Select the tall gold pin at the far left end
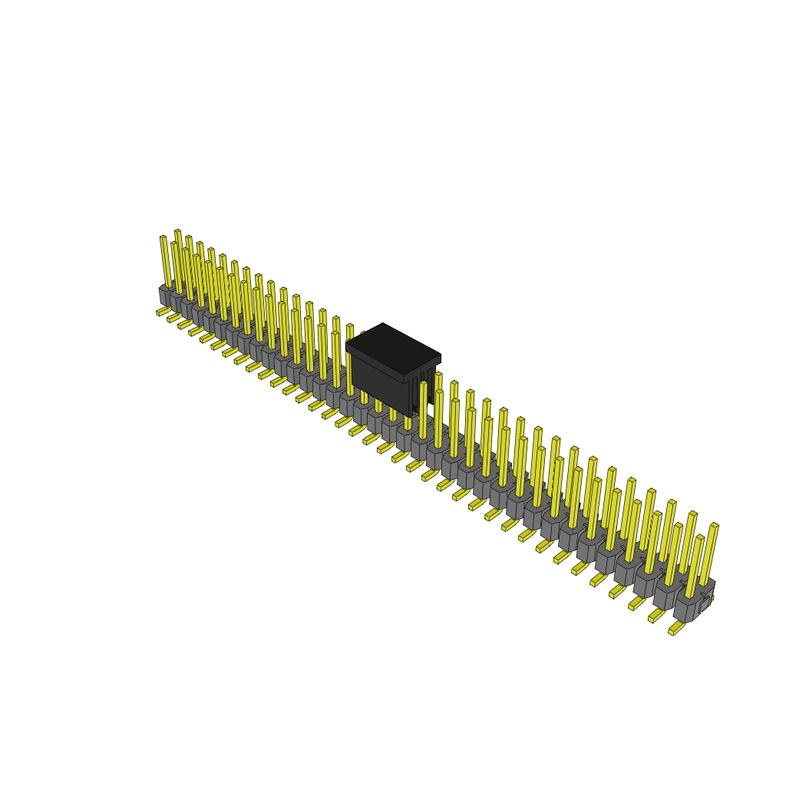click(x=165, y=261)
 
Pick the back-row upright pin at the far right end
click(x=709, y=553)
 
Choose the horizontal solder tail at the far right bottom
click(x=676, y=629)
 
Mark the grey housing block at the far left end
click(x=163, y=296)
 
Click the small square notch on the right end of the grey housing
click(x=705, y=603)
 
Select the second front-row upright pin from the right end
click(x=673, y=554)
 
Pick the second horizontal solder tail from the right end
click(x=656, y=616)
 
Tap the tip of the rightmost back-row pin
click(x=715, y=525)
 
